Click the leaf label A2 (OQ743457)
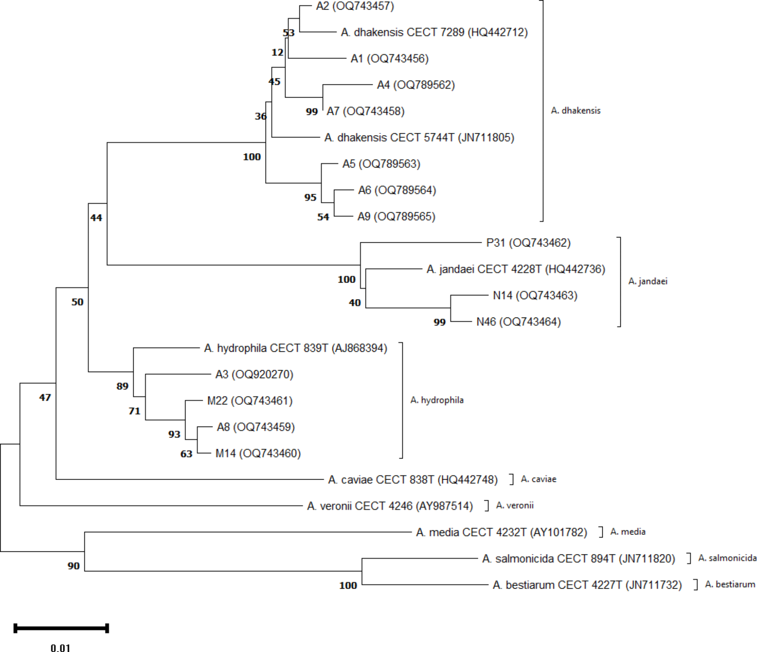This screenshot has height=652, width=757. tap(355, 6)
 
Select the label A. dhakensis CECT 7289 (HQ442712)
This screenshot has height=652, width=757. tap(434, 32)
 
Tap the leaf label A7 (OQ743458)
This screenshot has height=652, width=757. tap(365, 111)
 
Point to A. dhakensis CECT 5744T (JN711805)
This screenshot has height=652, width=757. tap(419, 138)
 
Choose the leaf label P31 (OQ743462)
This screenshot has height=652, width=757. tap(528, 243)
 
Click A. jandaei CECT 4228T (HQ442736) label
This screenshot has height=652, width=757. tap(515, 269)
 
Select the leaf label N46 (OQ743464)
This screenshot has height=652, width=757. tap(518, 322)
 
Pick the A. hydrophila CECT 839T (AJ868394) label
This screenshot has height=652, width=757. tap(295, 348)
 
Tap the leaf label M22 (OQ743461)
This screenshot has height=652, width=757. tap(250, 401)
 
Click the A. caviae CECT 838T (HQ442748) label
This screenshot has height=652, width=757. tap(413, 480)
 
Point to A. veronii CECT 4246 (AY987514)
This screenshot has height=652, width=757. tap(390, 506)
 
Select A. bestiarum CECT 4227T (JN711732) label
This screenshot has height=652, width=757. tap(587, 585)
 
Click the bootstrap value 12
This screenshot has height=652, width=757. tap(277, 53)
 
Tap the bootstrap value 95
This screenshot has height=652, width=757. tap(310, 198)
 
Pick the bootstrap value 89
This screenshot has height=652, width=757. tap(122, 386)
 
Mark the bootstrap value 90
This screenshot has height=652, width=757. tap(73, 566)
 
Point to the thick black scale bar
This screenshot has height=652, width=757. tap(61, 628)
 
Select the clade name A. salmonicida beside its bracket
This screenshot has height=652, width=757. tap(727, 558)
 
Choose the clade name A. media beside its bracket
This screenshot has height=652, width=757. tap(628, 532)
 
